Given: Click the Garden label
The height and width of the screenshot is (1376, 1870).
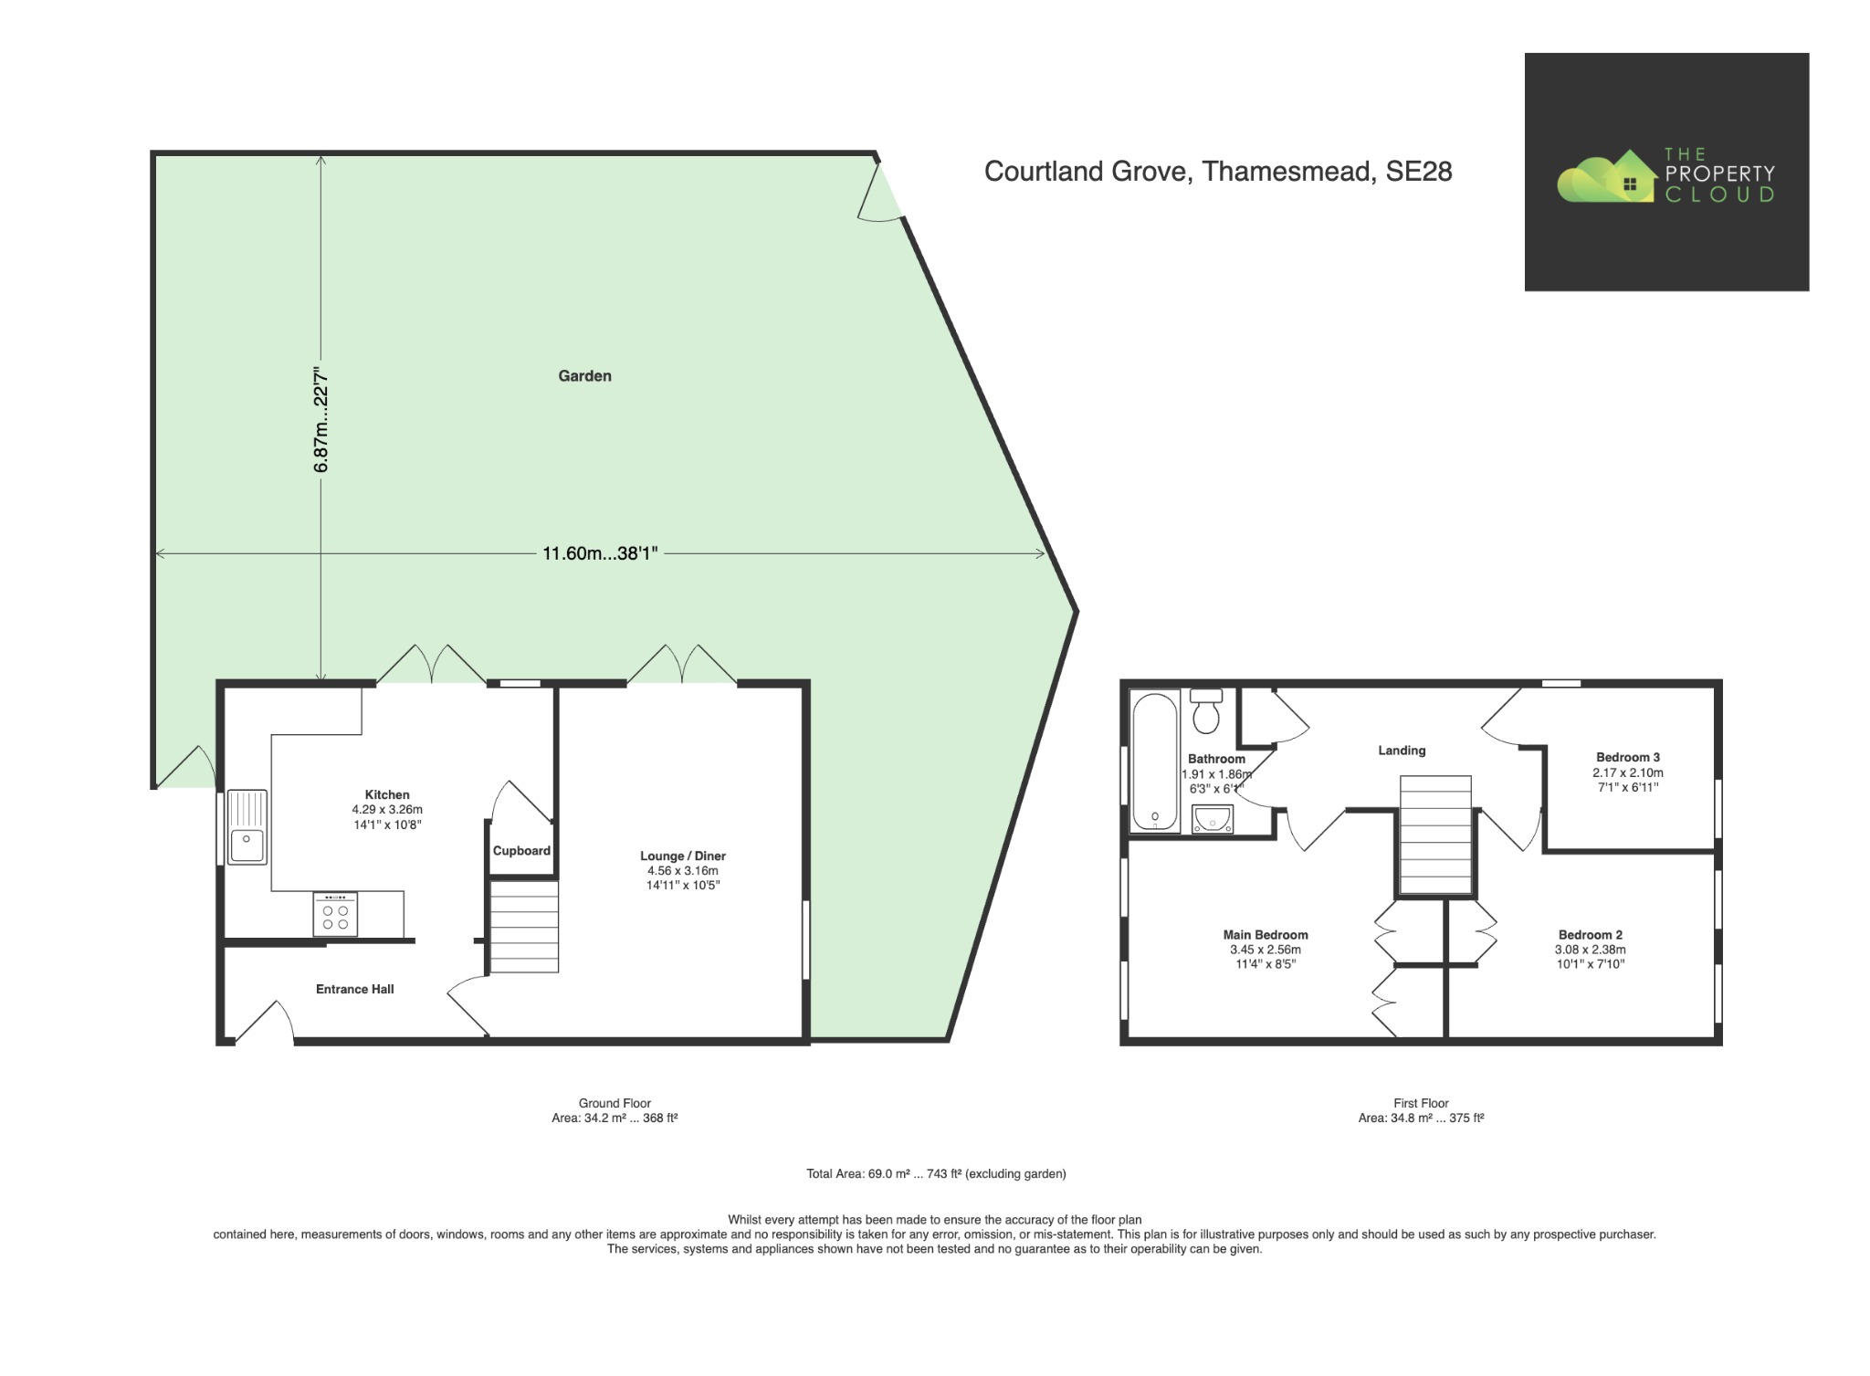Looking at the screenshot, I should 584,375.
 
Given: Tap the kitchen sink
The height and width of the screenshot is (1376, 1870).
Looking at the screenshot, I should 247,827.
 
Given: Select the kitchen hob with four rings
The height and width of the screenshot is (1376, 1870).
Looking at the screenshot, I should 335,914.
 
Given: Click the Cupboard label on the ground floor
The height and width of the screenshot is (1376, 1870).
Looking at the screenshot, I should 521,851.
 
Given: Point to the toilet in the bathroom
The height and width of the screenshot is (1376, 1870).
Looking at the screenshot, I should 1206,711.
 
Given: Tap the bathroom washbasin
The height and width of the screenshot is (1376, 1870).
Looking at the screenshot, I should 1213,819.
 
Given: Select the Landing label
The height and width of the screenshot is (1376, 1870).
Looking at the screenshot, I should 1401,751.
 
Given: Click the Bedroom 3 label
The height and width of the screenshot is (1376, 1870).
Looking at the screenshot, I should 1627,757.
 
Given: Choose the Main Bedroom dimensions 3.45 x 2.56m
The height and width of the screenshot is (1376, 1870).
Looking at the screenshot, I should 1265,950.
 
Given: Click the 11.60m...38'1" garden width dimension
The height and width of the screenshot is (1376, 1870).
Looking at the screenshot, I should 600,553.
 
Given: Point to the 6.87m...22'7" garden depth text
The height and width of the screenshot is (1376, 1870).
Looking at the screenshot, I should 320,420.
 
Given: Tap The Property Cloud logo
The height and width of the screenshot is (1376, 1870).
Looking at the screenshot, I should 1665,173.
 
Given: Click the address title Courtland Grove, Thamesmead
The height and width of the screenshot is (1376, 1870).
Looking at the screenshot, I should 1217,172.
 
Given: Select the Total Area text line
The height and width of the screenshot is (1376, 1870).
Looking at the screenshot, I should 935,1173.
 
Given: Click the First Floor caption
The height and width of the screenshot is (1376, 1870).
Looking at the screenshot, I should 1420,1103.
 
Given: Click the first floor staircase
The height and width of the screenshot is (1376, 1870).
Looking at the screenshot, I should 1434,835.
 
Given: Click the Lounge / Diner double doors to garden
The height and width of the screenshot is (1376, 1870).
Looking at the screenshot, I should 681,665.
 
